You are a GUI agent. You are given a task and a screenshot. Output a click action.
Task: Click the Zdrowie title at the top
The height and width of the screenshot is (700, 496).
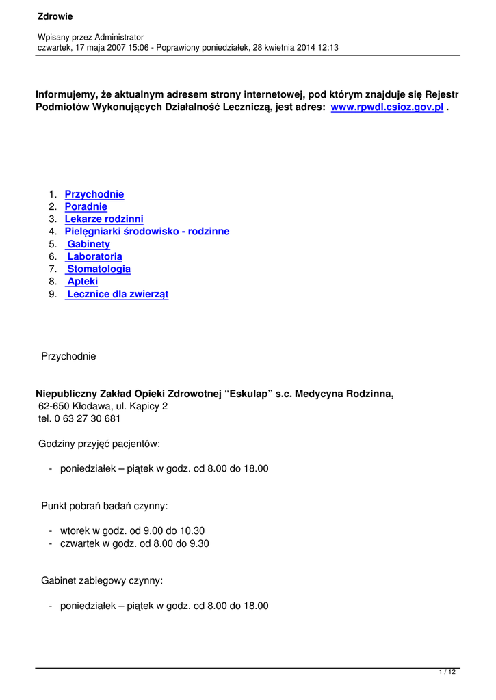coord(55,16)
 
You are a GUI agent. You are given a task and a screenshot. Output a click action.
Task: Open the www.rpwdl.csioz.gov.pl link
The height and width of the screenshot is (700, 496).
coord(387,108)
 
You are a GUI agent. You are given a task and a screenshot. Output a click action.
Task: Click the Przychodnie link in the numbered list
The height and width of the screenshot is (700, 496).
coord(94,195)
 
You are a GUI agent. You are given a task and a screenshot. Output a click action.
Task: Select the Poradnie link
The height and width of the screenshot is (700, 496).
coord(86,207)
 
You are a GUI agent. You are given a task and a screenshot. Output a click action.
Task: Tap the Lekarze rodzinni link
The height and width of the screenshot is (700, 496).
coord(104,219)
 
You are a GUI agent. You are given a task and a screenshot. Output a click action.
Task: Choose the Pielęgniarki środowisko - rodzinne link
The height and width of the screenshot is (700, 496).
coord(147,232)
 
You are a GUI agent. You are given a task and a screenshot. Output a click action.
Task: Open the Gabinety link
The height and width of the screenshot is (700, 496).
coord(88,244)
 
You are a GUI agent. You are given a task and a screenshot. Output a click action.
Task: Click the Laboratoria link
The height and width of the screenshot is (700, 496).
coord(94,257)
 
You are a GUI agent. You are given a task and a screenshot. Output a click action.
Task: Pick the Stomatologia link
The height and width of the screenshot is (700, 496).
coord(99,269)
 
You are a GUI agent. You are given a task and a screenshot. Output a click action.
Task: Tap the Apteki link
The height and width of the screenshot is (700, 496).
coord(83,282)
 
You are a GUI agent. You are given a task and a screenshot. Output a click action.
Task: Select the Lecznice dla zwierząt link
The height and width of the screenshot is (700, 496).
coord(117,294)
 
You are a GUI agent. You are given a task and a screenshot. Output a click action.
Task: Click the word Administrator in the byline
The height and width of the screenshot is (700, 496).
coord(119,37)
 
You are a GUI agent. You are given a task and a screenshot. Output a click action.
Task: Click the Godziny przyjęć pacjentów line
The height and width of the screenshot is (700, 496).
coord(99,444)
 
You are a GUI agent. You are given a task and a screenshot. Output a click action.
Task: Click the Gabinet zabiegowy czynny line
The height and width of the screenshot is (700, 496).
coord(102,581)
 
